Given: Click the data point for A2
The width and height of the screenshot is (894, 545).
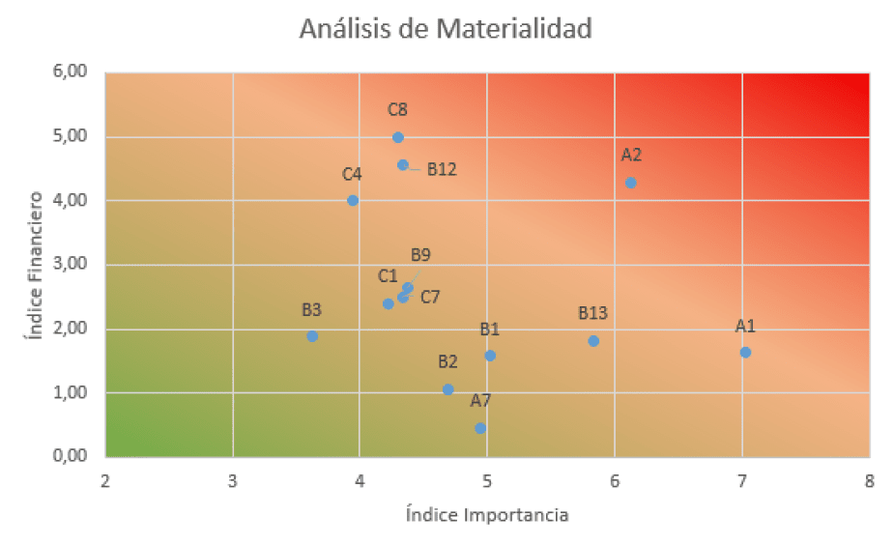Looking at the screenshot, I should (631, 183).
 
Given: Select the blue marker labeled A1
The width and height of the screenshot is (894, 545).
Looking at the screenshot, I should (745, 352).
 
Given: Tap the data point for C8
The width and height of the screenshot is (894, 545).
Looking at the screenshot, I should (397, 137).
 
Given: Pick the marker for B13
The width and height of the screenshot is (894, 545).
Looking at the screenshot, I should (593, 341).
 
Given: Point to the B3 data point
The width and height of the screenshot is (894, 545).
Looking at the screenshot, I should (312, 336).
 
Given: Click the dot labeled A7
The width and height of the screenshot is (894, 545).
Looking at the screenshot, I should (480, 428).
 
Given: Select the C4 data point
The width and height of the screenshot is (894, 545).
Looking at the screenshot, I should (353, 200).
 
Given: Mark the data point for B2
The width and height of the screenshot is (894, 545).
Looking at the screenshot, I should (447, 389).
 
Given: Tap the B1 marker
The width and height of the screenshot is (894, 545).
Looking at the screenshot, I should (490, 356).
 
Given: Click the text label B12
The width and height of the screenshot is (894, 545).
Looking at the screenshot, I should (442, 169).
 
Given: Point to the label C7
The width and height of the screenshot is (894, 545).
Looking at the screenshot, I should (430, 297).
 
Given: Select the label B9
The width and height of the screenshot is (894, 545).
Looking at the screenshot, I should (420, 255).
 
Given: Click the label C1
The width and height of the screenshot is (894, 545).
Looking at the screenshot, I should (388, 276).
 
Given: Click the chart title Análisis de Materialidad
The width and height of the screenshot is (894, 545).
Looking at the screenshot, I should (445, 29).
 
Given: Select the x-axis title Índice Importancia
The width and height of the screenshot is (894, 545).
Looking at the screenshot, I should (487, 514).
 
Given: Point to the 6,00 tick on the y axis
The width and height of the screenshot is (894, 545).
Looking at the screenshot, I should (71, 72).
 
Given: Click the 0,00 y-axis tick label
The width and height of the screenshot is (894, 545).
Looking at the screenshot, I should (71, 456).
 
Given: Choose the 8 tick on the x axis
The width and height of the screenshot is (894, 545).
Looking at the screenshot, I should (869, 481).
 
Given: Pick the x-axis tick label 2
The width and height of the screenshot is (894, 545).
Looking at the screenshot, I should (104, 481).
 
